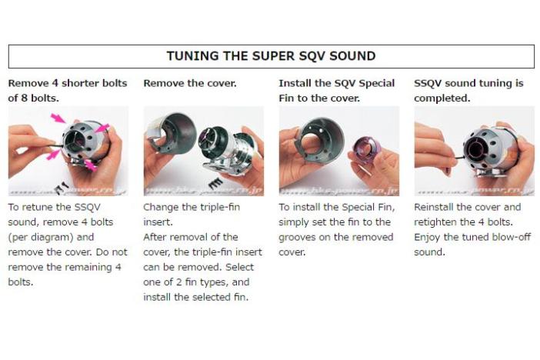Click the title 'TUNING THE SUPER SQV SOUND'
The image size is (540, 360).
(x=271, y=56)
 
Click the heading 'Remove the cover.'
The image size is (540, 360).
(x=190, y=83)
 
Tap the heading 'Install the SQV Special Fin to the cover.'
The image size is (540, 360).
(x=336, y=91)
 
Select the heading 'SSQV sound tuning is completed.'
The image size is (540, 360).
(x=468, y=91)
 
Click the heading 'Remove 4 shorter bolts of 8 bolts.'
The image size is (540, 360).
(x=68, y=91)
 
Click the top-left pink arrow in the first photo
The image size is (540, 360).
(x=58, y=118)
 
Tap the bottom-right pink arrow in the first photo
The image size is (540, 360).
(x=90, y=165)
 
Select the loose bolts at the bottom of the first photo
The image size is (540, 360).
(x=62, y=187)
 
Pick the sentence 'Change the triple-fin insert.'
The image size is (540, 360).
(x=192, y=215)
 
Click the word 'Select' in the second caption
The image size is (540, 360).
(x=240, y=267)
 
